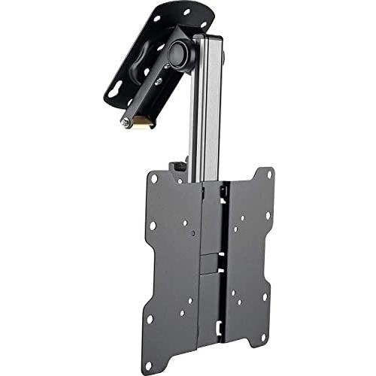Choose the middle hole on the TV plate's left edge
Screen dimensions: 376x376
point(152,226)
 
